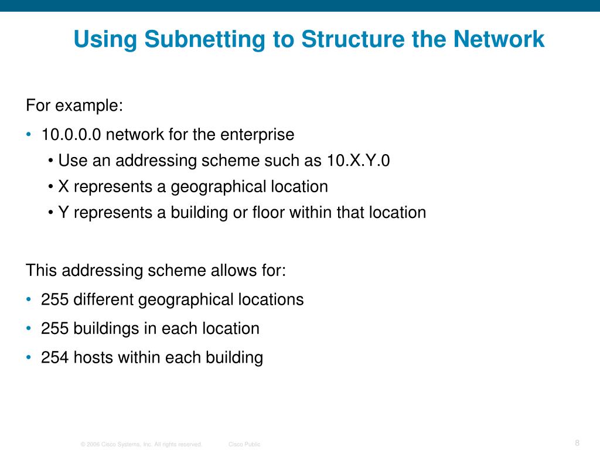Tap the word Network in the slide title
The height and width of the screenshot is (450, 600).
click(x=498, y=40)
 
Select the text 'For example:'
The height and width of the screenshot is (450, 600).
click(x=74, y=106)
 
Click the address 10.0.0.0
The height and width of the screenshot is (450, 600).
click(x=71, y=135)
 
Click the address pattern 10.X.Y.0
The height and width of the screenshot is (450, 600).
click(x=358, y=161)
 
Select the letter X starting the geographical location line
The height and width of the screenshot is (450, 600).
click(x=64, y=187)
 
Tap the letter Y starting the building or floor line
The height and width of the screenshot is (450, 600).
click(x=64, y=212)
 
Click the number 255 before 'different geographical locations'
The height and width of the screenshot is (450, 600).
click(x=54, y=300)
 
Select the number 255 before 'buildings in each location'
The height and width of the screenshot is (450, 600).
click(x=54, y=328)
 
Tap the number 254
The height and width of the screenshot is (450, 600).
click(x=54, y=357)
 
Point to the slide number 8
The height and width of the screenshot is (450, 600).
click(x=577, y=442)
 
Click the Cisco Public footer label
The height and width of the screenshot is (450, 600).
click(x=244, y=445)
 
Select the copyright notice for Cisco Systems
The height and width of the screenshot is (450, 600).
click(x=141, y=445)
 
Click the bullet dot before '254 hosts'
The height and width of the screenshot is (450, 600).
click(x=29, y=357)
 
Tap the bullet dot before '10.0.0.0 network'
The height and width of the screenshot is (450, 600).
click(x=29, y=135)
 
